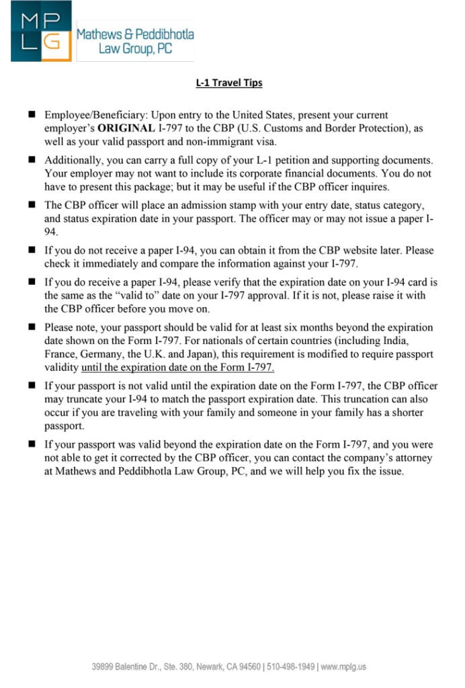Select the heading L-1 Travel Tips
(x=229, y=83)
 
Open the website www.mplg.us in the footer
(x=343, y=666)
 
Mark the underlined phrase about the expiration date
(x=177, y=367)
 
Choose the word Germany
(x=101, y=354)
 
